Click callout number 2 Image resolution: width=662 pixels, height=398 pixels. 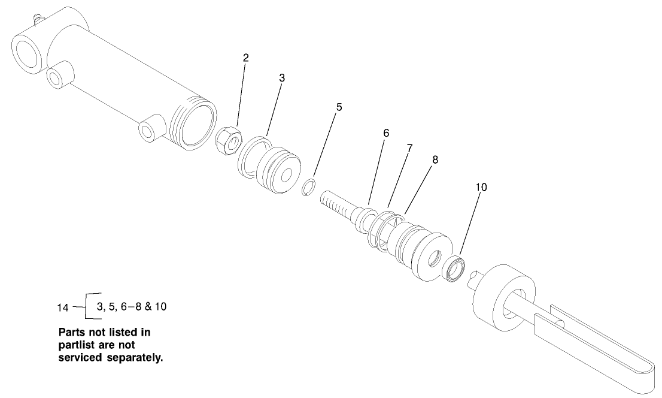point(246,58)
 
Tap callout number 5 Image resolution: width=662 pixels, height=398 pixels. point(339,108)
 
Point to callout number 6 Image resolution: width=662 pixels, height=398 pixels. point(386,134)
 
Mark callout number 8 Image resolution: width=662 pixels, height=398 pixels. point(435,160)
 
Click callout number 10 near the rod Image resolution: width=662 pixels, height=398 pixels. point(481,187)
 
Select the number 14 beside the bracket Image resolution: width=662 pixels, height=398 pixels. point(63,308)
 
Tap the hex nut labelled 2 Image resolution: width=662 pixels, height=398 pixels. point(228,141)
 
